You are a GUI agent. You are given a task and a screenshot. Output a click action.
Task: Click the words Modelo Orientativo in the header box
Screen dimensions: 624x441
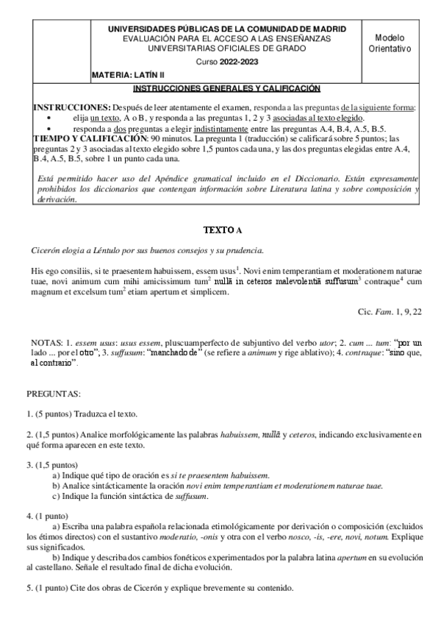click(x=389, y=43)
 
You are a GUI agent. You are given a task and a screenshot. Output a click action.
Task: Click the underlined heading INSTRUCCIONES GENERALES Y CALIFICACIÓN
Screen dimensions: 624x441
click(x=227, y=88)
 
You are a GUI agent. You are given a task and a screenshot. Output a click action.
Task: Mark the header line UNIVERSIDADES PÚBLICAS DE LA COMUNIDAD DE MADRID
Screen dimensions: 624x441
click(x=227, y=27)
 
